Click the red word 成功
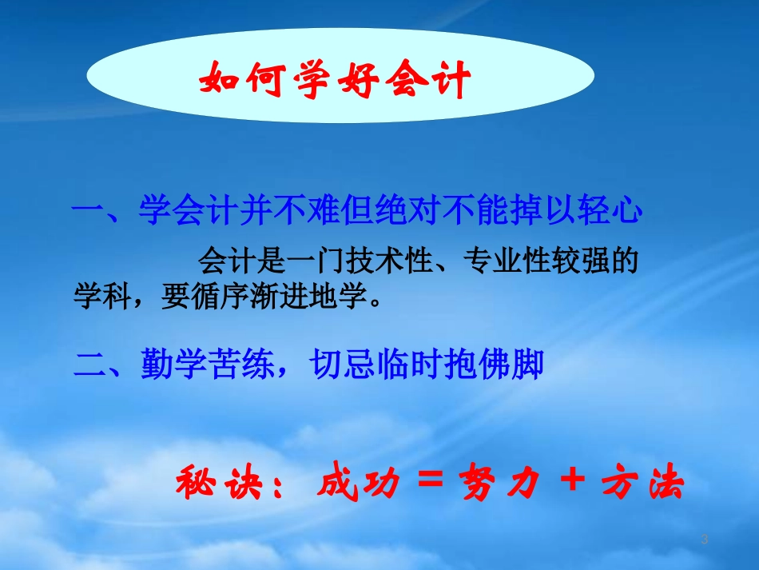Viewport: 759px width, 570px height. coord(357,484)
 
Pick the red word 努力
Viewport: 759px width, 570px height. coord(502,484)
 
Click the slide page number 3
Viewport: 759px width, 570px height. coord(704,540)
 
